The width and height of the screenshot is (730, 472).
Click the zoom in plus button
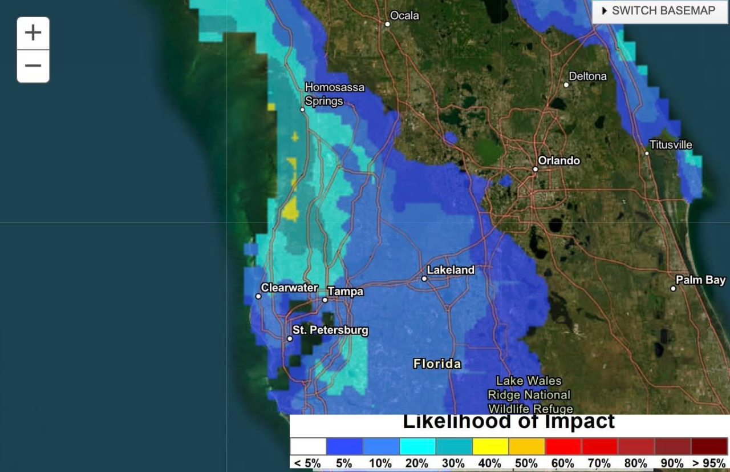click(x=33, y=33)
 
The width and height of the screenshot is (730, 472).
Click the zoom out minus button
click(x=33, y=66)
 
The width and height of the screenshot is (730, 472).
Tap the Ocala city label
click(x=404, y=15)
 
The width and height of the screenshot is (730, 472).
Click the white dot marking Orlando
click(x=536, y=169)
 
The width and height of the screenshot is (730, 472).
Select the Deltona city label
click(x=588, y=76)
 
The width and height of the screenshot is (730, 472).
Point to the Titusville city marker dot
click(x=647, y=153)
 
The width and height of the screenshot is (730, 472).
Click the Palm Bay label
click(x=700, y=280)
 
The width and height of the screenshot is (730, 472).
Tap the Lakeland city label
click(x=451, y=270)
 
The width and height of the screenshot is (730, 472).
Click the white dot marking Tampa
click(x=325, y=300)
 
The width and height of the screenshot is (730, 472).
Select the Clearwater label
click(x=289, y=288)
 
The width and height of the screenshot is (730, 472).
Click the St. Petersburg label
click(x=330, y=330)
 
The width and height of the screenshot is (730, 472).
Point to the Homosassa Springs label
click(x=334, y=94)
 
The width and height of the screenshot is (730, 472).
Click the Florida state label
click(x=437, y=364)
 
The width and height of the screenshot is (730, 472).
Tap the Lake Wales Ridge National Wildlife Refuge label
click(x=529, y=394)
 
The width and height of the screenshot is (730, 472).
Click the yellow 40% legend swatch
click(x=490, y=446)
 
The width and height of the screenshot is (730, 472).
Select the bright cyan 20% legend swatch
click(x=417, y=446)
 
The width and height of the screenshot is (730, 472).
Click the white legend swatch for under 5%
click(x=308, y=446)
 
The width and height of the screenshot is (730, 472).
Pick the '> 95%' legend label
click(x=709, y=463)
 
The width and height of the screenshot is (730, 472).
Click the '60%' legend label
click(x=563, y=463)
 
